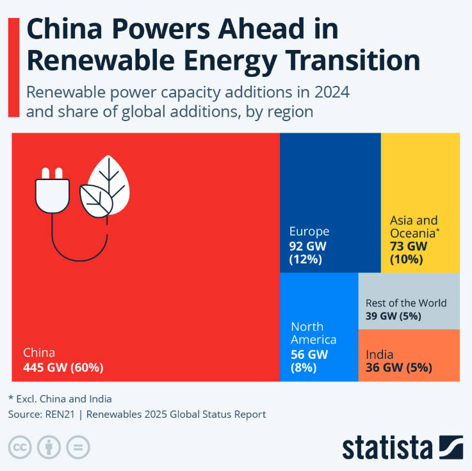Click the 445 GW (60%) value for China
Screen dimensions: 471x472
pos(63,368)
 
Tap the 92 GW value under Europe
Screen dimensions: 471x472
pos(309,245)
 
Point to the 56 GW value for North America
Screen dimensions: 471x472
pos(309,354)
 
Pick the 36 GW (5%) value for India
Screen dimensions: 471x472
pos(398,368)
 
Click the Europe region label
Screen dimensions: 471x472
pos(309,231)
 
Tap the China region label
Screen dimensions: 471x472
pos(39,352)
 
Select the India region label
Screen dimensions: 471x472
pos(379,354)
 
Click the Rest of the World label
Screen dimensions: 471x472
pos(406,302)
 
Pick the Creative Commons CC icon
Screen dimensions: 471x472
pos(21,447)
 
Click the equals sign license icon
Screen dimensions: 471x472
pos(77,447)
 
